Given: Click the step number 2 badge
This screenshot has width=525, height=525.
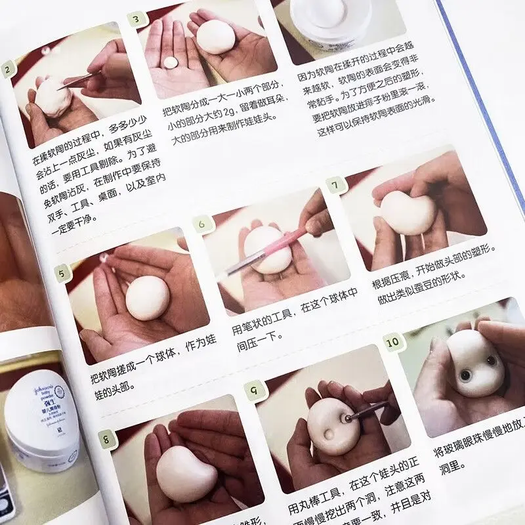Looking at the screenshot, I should [x=8, y=69].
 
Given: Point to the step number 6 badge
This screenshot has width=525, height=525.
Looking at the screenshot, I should [x=202, y=224].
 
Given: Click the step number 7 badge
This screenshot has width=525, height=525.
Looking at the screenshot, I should [x=335, y=186].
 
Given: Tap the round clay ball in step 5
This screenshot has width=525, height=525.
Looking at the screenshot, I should [x=148, y=297].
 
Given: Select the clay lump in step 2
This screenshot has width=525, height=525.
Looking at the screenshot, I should [x=52, y=98].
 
